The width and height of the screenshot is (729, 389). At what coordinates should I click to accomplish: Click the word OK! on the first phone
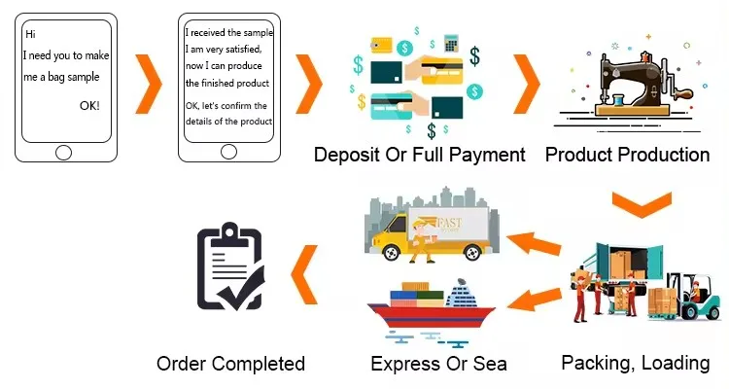point(86,105)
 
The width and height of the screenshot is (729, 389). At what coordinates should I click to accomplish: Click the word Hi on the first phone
point(30,34)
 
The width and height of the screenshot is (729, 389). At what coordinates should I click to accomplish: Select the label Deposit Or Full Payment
point(419,155)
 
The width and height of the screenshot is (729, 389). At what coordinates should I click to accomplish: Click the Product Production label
point(627,155)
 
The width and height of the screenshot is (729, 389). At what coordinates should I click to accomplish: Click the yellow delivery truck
point(428,233)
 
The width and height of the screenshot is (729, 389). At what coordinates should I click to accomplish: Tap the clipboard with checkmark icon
point(230,267)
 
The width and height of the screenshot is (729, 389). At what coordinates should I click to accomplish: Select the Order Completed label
point(230,365)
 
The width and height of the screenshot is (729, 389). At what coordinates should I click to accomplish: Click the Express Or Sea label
point(438,365)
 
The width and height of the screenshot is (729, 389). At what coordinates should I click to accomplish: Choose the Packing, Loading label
point(636,363)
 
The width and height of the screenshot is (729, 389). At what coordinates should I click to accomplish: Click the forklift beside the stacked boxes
point(698,297)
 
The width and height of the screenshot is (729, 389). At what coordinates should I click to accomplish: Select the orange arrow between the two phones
point(148,86)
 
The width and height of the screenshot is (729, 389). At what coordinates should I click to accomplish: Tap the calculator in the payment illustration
point(451,44)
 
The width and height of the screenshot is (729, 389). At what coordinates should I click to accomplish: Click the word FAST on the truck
point(450,223)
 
